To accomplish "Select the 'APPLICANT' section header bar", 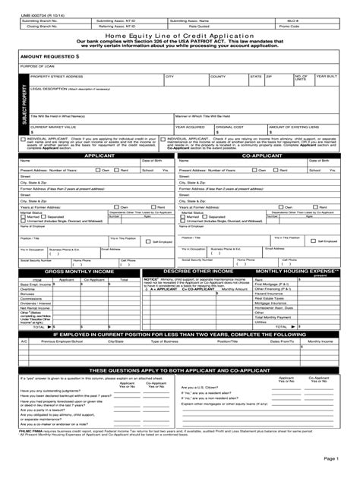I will (99, 155).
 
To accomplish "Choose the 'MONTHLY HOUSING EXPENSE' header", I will (297, 271).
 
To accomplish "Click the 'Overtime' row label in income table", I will (28, 289).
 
